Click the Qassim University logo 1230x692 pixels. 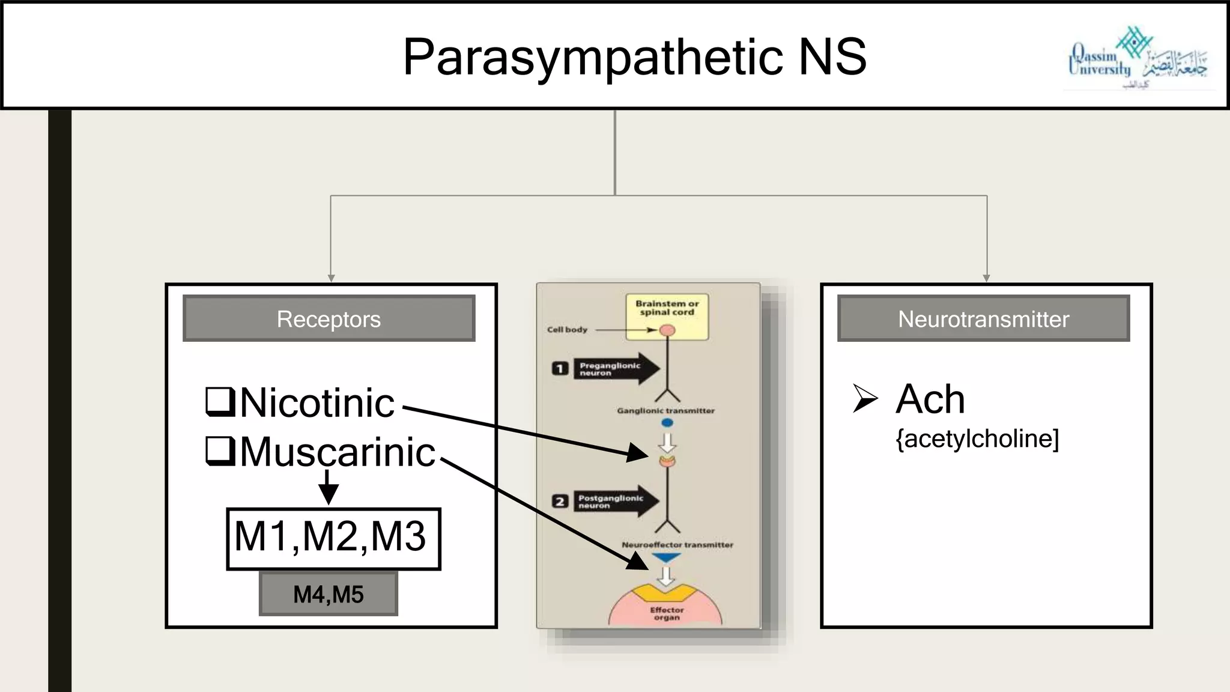[x=1137, y=59]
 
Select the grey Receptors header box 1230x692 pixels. [x=329, y=318]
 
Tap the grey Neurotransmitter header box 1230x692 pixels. [x=983, y=318]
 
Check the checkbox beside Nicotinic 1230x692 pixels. [x=220, y=402]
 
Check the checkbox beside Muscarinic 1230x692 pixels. [x=220, y=451]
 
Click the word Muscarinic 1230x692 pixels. [x=338, y=452]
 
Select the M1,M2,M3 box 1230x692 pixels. [x=333, y=538]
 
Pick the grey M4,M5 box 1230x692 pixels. [x=329, y=594]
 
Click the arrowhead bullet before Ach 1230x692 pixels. [x=865, y=398]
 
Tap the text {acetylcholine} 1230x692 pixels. [x=977, y=439]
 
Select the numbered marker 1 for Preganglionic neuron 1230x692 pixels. [x=560, y=368]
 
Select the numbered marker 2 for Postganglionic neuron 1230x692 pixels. [x=560, y=501]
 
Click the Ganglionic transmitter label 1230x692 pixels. [x=665, y=411]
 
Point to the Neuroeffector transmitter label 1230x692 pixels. [x=677, y=545]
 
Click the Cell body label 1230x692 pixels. [x=567, y=329]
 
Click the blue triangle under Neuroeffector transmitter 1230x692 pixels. [x=666, y=559]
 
